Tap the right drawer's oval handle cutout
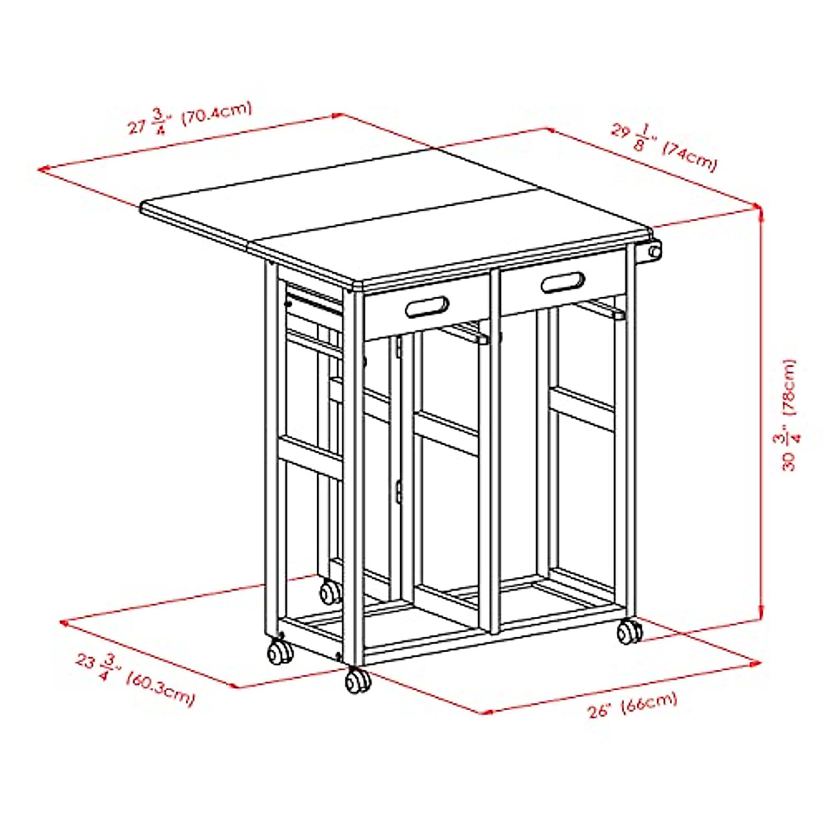tap(563, 283)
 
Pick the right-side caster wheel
tap(629, 631)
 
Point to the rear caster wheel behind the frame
tap(330, 592)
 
